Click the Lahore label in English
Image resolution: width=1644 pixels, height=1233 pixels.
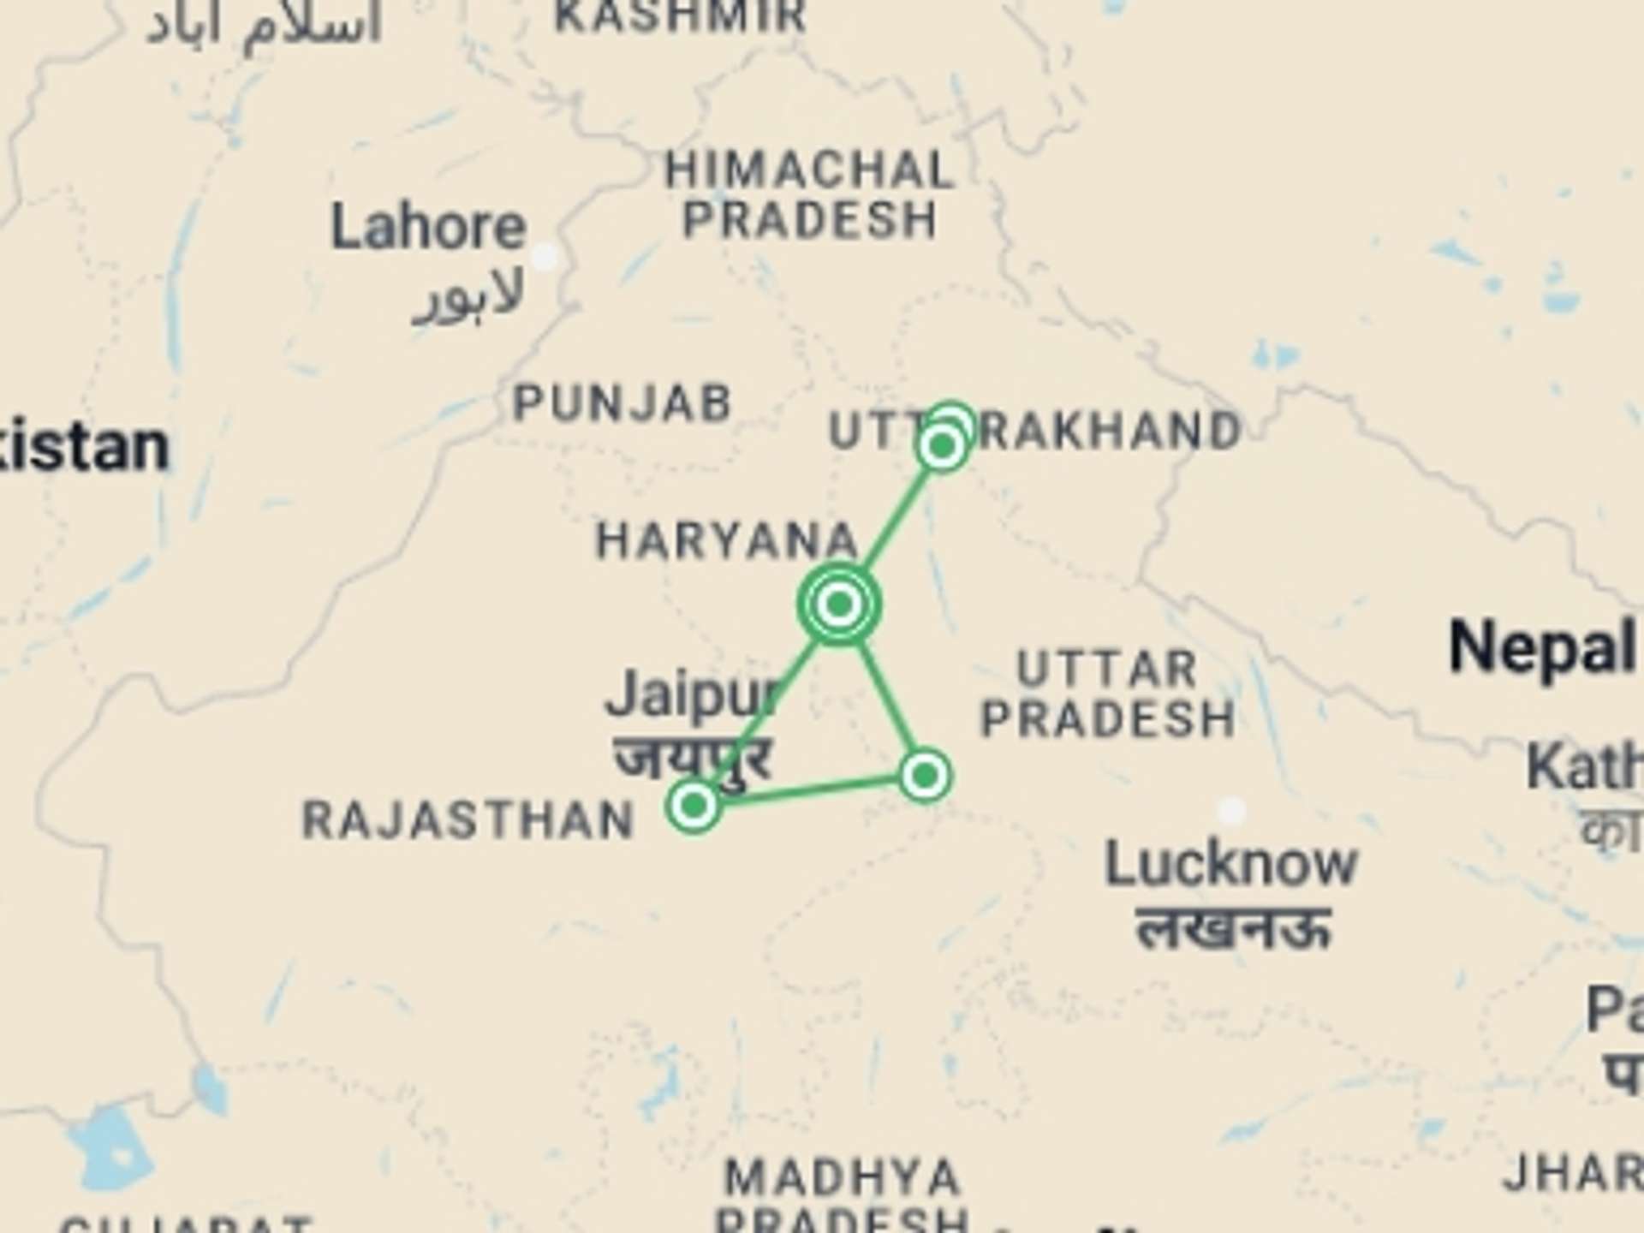[x=428, y=228]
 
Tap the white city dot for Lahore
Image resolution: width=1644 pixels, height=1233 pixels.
[x=545, y=256]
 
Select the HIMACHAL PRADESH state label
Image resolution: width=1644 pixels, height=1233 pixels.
[x=809, y=195]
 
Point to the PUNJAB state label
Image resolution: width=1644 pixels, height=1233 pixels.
[x=622, y=402]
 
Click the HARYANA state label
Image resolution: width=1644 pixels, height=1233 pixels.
[x=726, y=541]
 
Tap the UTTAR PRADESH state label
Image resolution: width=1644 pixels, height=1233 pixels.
[x=1108, y=694]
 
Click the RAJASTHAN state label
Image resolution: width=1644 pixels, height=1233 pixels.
[x=468, y=820]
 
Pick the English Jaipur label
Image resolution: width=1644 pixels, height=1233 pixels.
[x=692, y=695]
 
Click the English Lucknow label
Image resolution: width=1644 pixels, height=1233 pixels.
[x=1231, y=863]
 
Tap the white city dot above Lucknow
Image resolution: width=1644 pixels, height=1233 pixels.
[x=1231, y=810]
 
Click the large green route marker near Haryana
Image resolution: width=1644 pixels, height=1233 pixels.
[x=839, y=604]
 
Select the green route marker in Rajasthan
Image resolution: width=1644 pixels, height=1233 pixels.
[x=694, y=805]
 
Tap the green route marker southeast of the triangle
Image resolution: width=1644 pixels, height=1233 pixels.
[x=925, y=776]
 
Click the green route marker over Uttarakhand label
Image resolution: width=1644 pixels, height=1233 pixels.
[x=943, y=445]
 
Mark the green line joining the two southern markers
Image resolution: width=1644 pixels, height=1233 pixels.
[x=809, y=790]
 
